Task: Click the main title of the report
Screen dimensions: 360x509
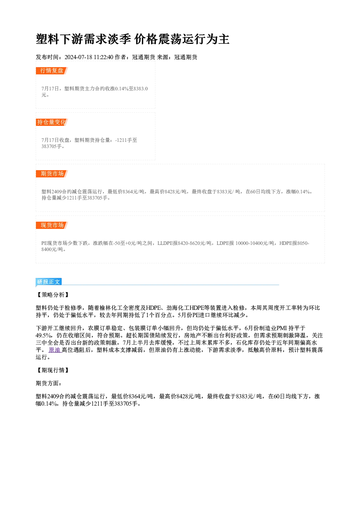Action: click(132, 39)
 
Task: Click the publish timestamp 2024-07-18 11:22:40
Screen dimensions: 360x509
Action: click(89, 57)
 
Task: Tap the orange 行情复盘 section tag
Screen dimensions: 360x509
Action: click(52, 71)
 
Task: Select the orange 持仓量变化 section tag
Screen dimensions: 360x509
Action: click(52, 122)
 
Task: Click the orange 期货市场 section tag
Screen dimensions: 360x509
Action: click(52, 174)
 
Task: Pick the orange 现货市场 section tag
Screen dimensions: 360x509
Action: click(52, 225)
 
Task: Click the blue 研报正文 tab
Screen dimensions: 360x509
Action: click(49, 282)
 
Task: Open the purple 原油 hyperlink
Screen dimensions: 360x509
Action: click(54, 350)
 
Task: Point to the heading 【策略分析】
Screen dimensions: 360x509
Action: click(53, 295)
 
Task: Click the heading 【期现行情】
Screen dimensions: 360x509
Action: click(53, 370)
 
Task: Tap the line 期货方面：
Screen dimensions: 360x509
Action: click(49, 383)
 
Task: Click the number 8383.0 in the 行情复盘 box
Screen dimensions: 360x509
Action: click(140, 89)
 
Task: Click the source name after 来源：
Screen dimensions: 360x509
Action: click(186, 57)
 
